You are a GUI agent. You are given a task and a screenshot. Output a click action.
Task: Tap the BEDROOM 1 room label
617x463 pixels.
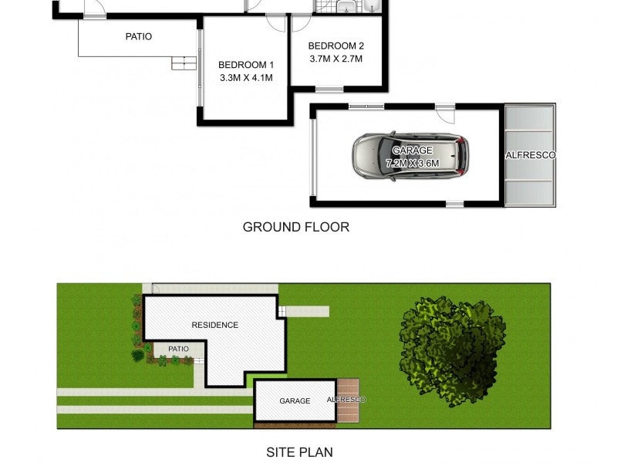pyautogui.click(x=245, y=64)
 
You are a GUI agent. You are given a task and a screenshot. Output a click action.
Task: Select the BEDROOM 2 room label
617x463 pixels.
pyautogui.click(x=335, y=46)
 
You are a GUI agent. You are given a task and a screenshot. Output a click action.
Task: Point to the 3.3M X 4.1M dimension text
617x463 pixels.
pyautogui.click(x=245, y=77)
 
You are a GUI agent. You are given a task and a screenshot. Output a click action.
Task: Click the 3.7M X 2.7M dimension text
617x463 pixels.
pyautogui.click(x=335, y=59)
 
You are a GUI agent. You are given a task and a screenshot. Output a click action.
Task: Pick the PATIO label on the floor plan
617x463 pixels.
pyautogui.click(x=139, y=36)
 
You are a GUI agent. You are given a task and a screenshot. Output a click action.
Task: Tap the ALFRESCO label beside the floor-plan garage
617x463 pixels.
pyautogui.click(x=530, y=155)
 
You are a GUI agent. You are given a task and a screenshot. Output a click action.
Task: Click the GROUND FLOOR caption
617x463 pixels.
pyautogui.click(x=296, y=227)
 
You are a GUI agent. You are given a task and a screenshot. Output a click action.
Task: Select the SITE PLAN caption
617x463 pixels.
pyautogui.click(x=299, y=452)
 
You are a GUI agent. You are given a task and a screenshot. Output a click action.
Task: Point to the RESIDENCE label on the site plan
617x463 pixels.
pyautogui.click(x=214, y=325)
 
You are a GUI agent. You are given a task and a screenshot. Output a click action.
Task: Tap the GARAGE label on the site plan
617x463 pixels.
pyautogui.click(x=295, y=401)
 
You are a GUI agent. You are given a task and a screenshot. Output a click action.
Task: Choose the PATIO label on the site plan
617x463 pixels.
pyautogui.click(x=178, y=349)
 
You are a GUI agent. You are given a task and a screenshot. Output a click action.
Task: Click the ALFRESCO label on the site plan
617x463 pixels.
pyautogui.click(x=346, y=400)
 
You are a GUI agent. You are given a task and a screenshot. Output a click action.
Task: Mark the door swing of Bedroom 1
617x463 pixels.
pyautogui.click(x=275, y=23)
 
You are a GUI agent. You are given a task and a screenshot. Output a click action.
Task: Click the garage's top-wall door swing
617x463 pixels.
pyautogui.click(x=444, y=113)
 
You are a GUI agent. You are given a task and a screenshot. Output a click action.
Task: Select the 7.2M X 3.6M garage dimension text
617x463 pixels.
pyautogui.click(x=412, y=164)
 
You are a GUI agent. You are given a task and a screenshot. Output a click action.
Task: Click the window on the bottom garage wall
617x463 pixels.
pyautogui.click(x=454, y=204)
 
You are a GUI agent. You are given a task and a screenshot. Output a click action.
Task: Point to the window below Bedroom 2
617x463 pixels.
pyautogui.click(x=329, y=89)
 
